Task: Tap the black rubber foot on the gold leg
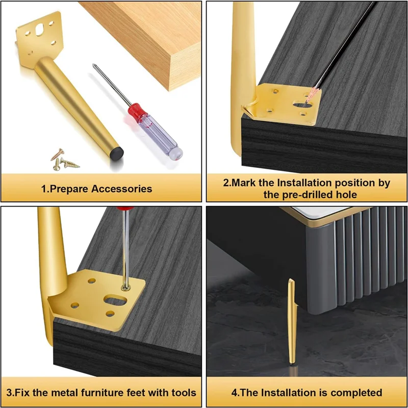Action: click(117, 153)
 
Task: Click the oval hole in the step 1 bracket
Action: click(40, 30)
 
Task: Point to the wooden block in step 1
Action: click(146, 42)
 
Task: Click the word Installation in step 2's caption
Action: click(304, 183)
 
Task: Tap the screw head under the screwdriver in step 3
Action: click(125, 287)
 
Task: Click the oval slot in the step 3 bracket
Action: click(115, 300)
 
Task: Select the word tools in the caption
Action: click(184, 392)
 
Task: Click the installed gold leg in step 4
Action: click(292, 322)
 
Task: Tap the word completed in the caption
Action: click(356, 393)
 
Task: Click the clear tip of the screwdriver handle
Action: click(176, 154)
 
